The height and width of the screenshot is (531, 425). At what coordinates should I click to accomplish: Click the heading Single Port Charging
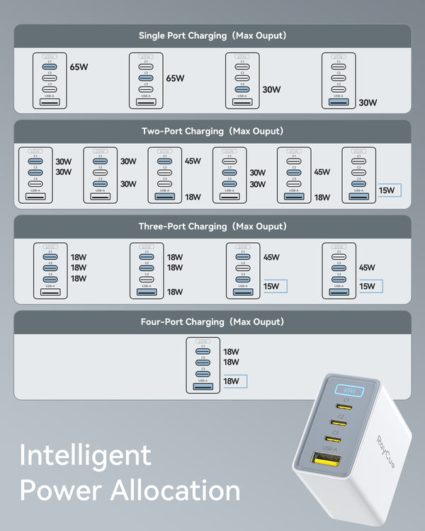tap(188, 35)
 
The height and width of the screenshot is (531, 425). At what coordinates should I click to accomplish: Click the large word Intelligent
tap(85, 455)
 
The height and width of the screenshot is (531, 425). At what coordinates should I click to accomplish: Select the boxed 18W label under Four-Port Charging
tap(232, 381)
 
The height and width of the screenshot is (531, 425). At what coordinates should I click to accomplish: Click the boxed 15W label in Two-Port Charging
tap(387, 190)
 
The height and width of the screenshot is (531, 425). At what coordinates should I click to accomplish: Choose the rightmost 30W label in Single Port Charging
tap(368, 102)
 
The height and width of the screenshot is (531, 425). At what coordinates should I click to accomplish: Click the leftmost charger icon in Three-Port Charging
tap(50, 271)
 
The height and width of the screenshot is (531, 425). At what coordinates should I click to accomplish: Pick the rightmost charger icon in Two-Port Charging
tap(358, 175)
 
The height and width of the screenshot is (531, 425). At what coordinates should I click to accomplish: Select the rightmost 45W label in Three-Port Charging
tap(367, 268)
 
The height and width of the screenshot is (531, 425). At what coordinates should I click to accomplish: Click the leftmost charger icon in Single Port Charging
tap(50, 80)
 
